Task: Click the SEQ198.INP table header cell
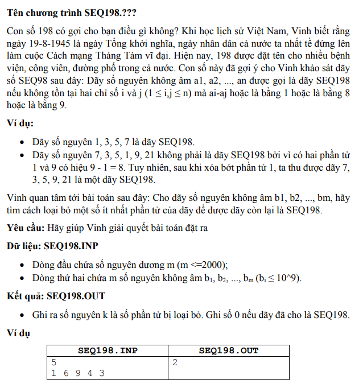[x=108, y=350]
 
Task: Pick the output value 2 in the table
[x=175, y=362]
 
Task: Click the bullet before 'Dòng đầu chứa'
[x=21, y=265]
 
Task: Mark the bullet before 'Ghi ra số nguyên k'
[x=21, y=316]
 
